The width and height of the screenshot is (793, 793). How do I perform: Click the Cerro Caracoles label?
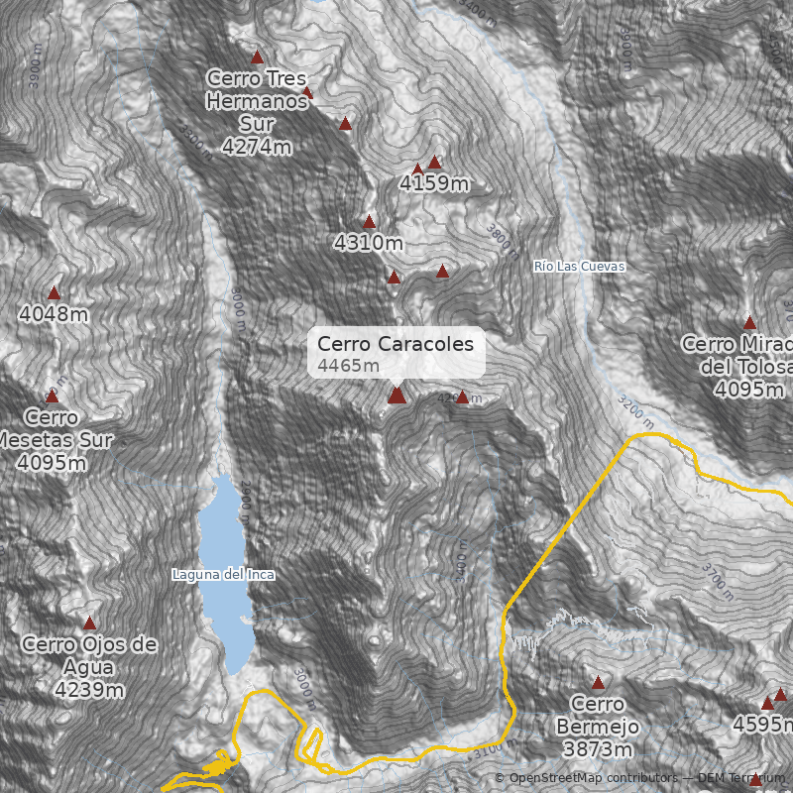tap(396, 344)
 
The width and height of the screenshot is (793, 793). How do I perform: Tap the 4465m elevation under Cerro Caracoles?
tap(349, 366)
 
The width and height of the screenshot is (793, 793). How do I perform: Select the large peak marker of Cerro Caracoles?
tap(396, 396)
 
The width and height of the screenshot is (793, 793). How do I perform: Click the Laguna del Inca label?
tap(223, 574)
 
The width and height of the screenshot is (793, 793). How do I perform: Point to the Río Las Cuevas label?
tap(579, 267)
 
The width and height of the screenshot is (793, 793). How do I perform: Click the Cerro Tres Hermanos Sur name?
tap(257, 100)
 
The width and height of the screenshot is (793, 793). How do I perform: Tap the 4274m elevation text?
tap(257, 147)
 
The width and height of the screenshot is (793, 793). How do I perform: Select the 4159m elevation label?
tap(434, 183)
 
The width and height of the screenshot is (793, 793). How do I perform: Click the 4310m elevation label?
tap(369, 242)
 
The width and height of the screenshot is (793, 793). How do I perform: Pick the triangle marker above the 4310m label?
tap(370, 222)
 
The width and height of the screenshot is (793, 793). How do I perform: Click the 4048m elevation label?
tap(54, 314)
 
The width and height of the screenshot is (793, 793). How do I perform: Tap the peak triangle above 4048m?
tap(55, 292)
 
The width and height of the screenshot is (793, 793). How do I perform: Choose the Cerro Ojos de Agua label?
tap(89, 655)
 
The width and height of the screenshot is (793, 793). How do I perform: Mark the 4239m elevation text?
tap(89, 690)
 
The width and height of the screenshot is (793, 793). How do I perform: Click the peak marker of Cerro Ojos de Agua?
tap(89, 623)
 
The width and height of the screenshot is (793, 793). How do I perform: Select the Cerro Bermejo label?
tap(598, 716)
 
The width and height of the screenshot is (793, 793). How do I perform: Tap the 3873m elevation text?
tap(598, 749)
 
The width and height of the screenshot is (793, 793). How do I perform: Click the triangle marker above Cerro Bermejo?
tap(598, 683)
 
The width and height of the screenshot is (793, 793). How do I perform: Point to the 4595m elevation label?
tap(762, 725)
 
